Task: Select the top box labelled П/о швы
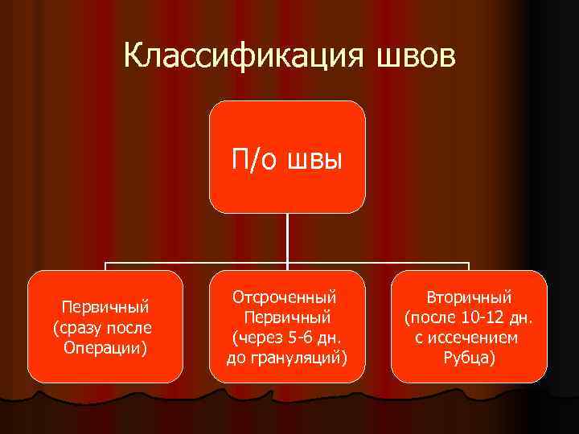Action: tap(288, 158)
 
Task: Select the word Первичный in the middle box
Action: tap(287, 317)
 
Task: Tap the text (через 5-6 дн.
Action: tap(287, 337)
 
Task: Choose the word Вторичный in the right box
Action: tap(469, 297)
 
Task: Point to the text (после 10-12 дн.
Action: tap(469, 317)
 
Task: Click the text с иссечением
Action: tap(469, 337)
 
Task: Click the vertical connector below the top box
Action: tap(288, 238)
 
